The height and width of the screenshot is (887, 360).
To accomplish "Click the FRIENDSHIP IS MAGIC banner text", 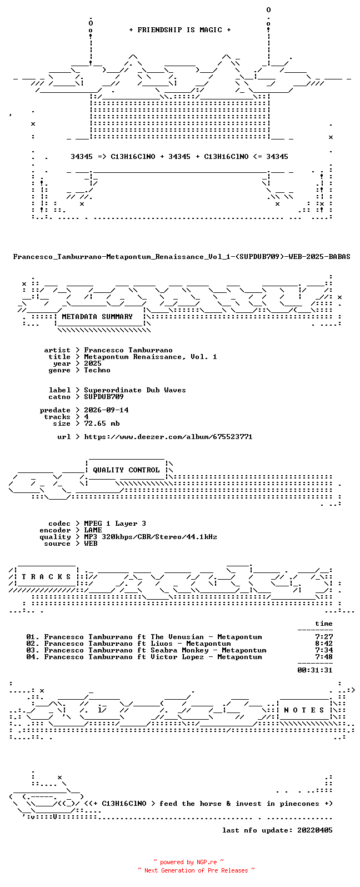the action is [x=180, y=30].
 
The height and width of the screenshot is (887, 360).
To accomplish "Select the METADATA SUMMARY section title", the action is [x=97, y=317].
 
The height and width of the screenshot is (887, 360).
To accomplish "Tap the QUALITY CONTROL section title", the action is [x=126, y=470].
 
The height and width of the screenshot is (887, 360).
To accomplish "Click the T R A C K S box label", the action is [x=46, y=576].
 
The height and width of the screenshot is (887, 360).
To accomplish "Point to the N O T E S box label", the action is [x=304, y=710].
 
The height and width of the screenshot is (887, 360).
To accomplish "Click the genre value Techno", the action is [x=97, y=370].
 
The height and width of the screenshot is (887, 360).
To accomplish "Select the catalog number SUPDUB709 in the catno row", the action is [x=104, y=397].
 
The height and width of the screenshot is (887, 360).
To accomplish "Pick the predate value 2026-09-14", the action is [x=106, y=410].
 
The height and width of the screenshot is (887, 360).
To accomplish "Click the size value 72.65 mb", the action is [x=102, y=423].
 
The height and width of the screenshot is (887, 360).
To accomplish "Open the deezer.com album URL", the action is [x=168, y=437].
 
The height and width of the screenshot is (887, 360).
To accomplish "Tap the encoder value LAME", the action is [x=93, y=530].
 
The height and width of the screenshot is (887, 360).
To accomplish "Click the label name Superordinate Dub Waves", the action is [x=134, y=390].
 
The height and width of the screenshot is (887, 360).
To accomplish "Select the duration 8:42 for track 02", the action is [x=324, y=644].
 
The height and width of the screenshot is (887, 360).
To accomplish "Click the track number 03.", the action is [x=33, y=650].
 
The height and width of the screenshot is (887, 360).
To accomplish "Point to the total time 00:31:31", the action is [x=315, y=670].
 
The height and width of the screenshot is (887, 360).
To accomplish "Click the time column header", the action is [x=324, y=624].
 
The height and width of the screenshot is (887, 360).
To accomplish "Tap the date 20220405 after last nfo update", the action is [x=315, y=830].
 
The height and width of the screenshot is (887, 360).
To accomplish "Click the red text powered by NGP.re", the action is [x=188, y=862].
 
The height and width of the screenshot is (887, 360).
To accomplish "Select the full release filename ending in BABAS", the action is [x=182, y=257].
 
